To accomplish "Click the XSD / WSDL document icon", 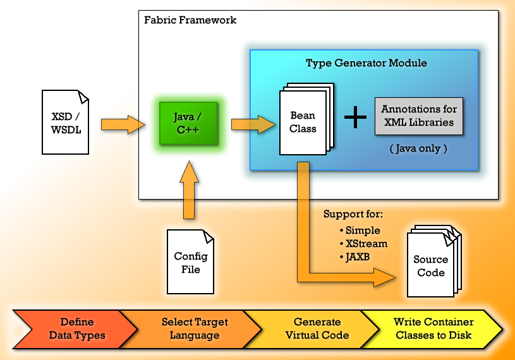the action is coord(65,122).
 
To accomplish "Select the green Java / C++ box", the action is coord(188,123).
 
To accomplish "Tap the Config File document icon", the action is coord(190,261).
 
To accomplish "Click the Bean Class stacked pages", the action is coord(306,119).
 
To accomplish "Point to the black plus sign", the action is coord(355,117).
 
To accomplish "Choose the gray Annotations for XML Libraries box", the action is coord(419,116).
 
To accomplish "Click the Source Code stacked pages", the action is coord(434,261).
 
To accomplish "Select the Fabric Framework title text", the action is coord(190,20).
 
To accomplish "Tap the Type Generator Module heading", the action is coord(367,63).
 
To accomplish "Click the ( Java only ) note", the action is coord(418,148).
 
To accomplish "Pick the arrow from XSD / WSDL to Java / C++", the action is coord(123,124).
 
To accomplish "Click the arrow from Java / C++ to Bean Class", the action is coord(253,124).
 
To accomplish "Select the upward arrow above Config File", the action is coord(189,189).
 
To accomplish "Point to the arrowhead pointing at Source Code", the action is coord(385,278).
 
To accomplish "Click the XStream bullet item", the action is coord(363,244).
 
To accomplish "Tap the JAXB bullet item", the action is coord(354,256).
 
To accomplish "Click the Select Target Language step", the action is coord(195,329).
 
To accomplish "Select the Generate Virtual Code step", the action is coord(317,329).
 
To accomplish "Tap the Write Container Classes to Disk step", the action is coord(433,329).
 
